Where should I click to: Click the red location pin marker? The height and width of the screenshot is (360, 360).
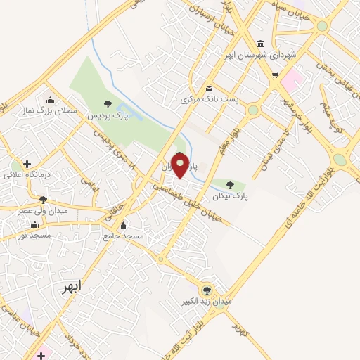(x=180, y=165)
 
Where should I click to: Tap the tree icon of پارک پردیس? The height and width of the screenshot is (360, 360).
(x=107, y=105)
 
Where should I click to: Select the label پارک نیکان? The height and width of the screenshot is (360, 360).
(x=234, y=198)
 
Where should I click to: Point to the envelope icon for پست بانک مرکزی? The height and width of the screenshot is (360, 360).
(x=210, y=89)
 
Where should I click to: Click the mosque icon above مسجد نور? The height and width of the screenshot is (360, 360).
(x=34, y=225)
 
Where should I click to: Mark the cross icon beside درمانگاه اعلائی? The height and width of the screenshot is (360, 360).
(x=27, y=164)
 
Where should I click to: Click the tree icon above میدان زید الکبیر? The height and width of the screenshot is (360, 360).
(x=207, y=289)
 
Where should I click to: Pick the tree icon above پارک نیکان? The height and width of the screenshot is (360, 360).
(x=231, y=186)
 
